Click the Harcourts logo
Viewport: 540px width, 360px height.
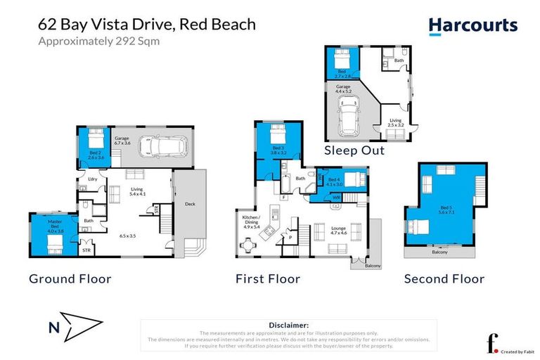(x=472, y=26)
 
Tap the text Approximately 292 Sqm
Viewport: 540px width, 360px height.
(x=98, y=41)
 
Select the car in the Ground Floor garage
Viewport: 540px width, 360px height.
(x=162, y=146)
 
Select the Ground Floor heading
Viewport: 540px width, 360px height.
(x=70, y=279)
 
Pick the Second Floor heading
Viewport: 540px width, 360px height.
(x=444, y=279)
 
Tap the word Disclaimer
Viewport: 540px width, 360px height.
(x=289, y=325)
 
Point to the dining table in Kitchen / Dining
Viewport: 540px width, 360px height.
(x=247, y=245)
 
